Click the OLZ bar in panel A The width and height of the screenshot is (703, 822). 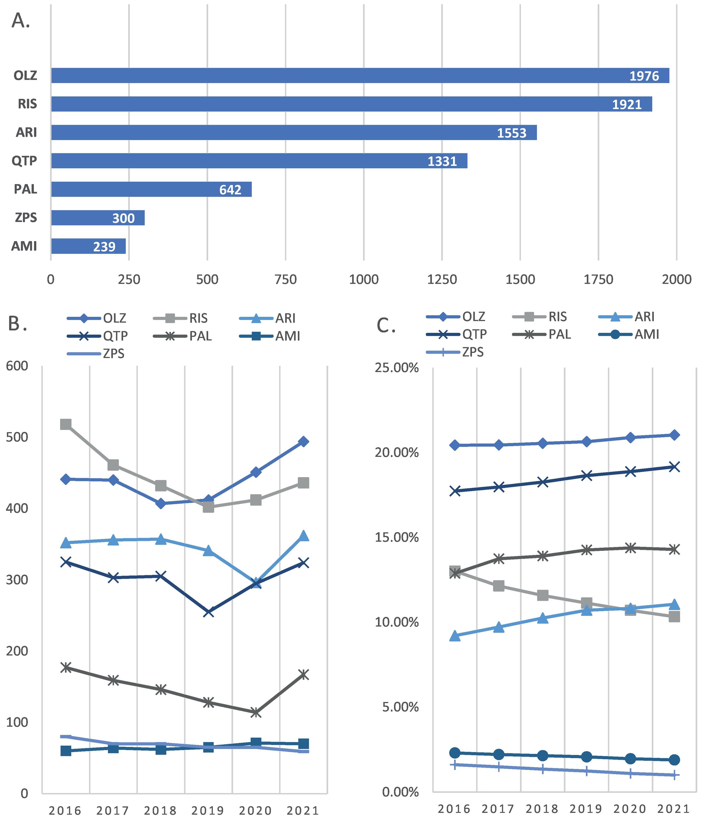357,75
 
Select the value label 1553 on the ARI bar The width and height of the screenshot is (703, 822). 511,133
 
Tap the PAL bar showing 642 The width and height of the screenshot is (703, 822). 151,189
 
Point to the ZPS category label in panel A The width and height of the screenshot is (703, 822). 26,217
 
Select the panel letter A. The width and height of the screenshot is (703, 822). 21,21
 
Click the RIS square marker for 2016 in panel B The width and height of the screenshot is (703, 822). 65,424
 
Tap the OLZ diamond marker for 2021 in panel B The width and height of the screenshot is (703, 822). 303,442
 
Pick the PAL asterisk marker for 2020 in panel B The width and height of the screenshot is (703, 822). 256,712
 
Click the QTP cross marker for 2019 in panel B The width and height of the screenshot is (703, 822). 209,612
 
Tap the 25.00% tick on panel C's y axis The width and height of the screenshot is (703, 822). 397,368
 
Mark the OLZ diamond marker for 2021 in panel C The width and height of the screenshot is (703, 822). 674,435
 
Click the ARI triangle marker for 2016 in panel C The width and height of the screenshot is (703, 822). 455,636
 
